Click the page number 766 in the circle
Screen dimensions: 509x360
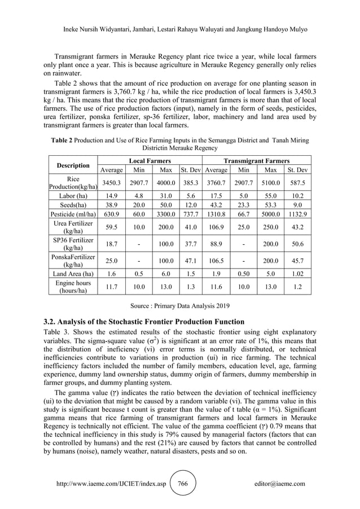(182, 484)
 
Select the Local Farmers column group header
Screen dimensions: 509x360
(150, 161)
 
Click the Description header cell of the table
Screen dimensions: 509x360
(71, 165)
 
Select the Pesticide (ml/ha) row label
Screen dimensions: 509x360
(71, 215)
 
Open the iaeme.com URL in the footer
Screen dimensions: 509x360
(112, 484)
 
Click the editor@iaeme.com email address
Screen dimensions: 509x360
(278, 484)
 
